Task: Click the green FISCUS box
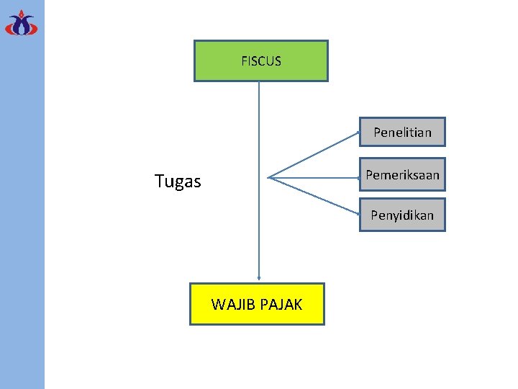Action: click(260, 61)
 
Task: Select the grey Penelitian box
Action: click(402, 132)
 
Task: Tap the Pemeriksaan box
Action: click(402, 174)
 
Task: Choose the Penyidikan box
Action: click(402, 215)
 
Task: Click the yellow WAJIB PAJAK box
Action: click(257, 304)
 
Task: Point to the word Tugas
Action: click(178, 182)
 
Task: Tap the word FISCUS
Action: click(261, 61)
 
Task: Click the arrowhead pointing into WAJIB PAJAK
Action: click(259, 278)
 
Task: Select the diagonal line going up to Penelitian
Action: click(314, 154)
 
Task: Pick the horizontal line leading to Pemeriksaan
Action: click(314, 176)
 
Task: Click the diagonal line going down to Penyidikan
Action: click(314, 196)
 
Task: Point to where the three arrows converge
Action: click(268, 177)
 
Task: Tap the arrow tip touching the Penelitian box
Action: click(358, 133)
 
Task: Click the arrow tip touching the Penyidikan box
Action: click(358, 214)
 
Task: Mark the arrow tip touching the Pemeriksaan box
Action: click(358, 176)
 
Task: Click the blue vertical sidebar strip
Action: click(22, 216)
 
